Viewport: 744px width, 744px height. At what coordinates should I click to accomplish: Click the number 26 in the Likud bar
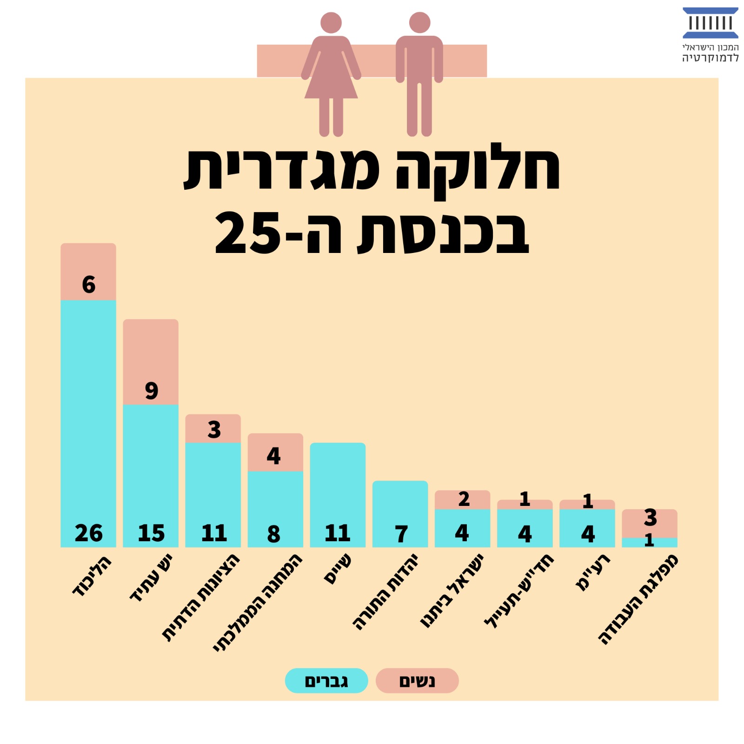tap(88, 533)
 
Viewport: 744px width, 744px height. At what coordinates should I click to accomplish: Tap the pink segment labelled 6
tap(88, 272)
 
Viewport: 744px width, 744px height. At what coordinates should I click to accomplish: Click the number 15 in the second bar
tap(151, 533)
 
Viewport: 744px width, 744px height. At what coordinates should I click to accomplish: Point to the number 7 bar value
tap(401, 534)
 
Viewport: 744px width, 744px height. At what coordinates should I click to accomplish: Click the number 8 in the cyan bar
tap(274, 534)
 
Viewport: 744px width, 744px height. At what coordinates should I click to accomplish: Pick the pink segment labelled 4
tap(275, 453)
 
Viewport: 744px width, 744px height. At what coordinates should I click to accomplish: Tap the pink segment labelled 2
tap(463, 500)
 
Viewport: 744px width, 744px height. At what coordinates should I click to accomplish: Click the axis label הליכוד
tap(92, 576)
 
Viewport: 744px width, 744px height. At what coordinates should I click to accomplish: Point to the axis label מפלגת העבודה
tap(638, 599)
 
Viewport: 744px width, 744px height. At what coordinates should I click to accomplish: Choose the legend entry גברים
tap(326, 681)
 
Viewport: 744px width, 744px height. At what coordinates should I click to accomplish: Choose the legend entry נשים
tap(417, 681)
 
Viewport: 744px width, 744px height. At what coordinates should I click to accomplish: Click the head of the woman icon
tap(331, 22)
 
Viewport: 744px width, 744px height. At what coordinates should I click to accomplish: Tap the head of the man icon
tap(419, 22)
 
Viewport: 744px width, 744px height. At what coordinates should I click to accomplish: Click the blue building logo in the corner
tap(710, 23)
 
